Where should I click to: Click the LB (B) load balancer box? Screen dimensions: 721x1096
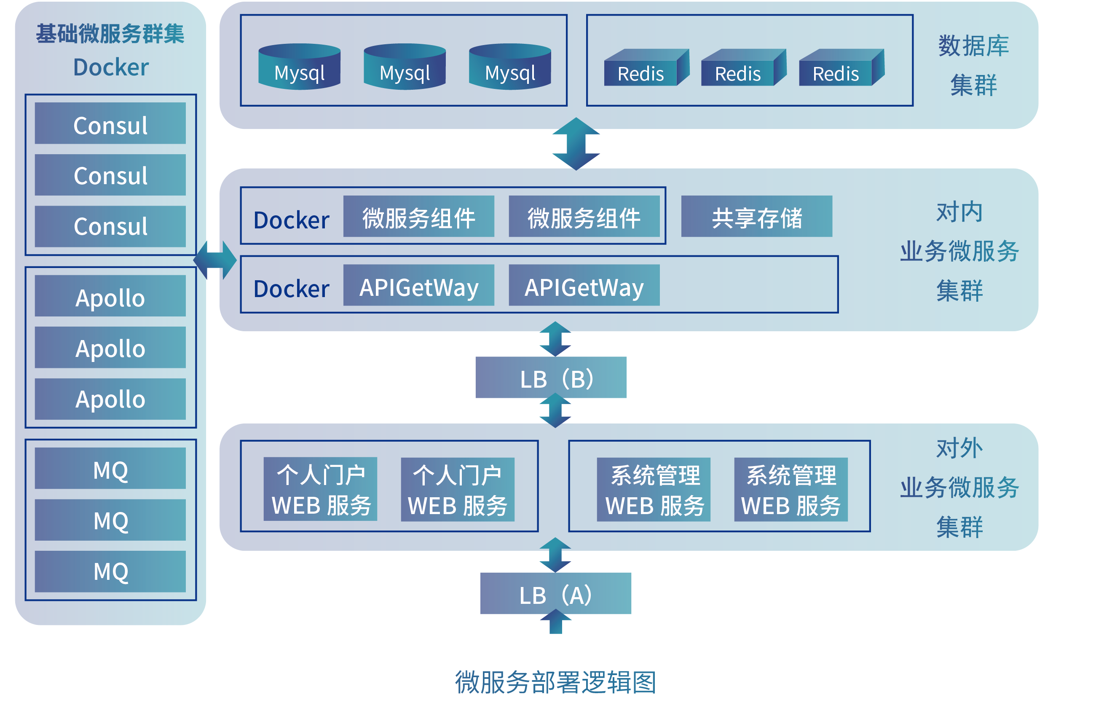[x=551, y=377]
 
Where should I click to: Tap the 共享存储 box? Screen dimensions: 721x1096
[x=757, y=217]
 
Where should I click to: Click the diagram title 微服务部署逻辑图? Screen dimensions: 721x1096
[x=555, y=682]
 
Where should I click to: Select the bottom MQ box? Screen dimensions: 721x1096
[x=110, y=571]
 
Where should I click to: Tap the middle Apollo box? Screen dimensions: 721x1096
[x=110, y=348]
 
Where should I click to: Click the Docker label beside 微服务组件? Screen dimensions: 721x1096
[x=292, y=220]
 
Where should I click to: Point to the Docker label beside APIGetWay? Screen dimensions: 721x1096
[x=292, y=289]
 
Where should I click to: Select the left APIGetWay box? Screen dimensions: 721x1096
[x=418, y=285]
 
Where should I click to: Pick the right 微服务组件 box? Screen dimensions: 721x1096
[x=584, y=217]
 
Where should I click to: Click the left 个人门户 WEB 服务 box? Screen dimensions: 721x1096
[x=321, y=489]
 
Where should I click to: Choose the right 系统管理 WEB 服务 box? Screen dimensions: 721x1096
[x=791, y=489]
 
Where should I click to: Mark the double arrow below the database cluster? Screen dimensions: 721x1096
[x=576, y=144]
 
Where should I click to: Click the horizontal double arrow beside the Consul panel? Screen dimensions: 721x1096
[x=215, y=260]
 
